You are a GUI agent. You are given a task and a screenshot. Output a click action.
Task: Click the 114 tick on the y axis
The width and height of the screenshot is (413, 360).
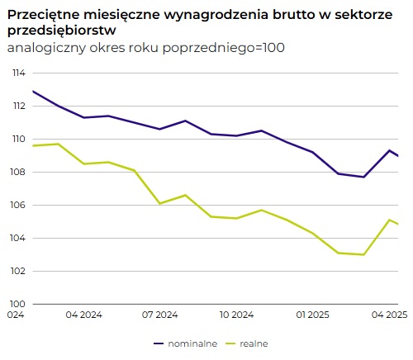coord(16,73)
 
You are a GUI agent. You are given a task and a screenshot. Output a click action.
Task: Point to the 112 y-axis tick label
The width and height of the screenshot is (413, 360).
coord(16,107)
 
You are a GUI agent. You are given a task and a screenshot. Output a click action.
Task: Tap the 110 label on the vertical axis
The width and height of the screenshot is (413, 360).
coord(16,140)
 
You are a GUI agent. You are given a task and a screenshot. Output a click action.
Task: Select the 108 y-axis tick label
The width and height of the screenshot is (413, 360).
coord(16,173)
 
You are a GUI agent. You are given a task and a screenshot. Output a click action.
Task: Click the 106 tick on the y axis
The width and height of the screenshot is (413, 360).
coord(16,206)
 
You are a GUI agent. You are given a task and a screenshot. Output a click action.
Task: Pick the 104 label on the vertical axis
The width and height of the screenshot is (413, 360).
coord(16,239)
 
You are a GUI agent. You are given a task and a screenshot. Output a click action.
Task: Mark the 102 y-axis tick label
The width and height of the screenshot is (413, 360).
coord(16,272)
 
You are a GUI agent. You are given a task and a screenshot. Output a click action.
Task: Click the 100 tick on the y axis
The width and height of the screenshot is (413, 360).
coord(16,304)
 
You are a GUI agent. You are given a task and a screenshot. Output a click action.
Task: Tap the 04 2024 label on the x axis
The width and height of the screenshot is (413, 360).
coord(84,315)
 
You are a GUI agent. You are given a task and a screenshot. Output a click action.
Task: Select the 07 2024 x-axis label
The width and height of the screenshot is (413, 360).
coord(160,315)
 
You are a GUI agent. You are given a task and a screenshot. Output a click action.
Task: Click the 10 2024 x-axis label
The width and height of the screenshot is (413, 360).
coord(236,315)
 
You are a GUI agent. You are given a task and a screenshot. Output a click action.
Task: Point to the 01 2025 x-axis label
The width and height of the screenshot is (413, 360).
coord(313,315)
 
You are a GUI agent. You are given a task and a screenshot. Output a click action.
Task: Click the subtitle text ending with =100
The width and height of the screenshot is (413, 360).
coord(145,48)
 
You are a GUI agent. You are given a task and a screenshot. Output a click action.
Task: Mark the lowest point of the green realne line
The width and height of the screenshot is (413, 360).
coord(363,254)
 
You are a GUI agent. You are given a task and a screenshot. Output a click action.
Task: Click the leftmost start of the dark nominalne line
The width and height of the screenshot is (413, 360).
coord(32,91)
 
